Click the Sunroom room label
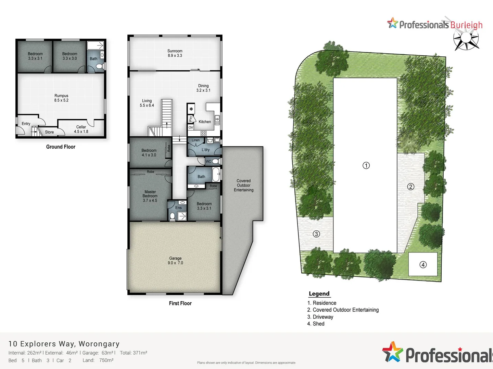click(175, 53)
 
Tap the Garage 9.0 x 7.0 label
click(175, 261)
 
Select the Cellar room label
click(81, 129)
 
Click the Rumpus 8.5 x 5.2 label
click(61, 98)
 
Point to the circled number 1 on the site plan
click(366, 166)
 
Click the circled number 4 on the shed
click(423, 265)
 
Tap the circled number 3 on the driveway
click(316, 234)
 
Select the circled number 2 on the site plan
click(410, 187)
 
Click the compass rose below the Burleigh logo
click(466, 39)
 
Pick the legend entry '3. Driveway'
click(320, 317)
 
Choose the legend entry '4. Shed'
click(316, 324)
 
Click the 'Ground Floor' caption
click(61, 147)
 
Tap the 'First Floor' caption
click(180, 303)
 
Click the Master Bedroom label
click(150, 196)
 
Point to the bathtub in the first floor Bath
click(216, 174)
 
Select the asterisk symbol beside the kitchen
click(191, 109)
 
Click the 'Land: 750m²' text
click(98, 360)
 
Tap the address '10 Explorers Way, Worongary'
click(64, 344)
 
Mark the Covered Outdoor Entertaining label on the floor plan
click(243, 186)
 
